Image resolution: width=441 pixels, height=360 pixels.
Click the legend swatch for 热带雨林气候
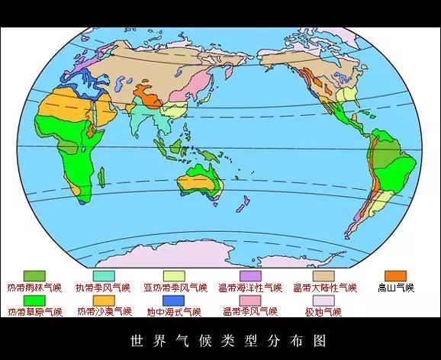(34, 275)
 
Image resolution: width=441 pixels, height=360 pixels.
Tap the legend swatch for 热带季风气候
(104, 275)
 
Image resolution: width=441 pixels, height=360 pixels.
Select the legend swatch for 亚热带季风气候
(175, 275)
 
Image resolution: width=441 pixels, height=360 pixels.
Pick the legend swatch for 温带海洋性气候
(250, 275)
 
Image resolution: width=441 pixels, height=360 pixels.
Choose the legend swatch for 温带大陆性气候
(324, 275)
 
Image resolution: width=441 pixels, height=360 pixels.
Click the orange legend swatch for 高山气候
(395, 275)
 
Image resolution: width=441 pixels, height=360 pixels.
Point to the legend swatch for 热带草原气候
(34, 300)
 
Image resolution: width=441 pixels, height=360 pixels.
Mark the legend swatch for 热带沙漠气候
(104, 300)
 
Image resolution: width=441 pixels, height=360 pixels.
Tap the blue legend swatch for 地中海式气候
(175, 300)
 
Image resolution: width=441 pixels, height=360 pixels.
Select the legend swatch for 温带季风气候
(250, 300)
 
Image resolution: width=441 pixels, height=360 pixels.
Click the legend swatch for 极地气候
(324, 300)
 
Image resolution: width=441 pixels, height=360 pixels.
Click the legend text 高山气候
(395, 288)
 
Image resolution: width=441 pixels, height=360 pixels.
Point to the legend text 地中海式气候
(174, 312)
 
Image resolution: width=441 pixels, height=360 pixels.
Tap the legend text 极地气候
(323, 312)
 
